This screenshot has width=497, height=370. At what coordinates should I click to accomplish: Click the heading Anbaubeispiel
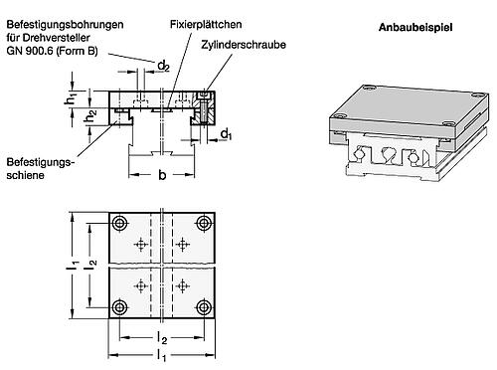tap(415, 27)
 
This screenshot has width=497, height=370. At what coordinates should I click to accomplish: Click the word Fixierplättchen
tap(206, 24)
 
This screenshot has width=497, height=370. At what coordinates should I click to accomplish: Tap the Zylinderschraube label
tap(244, 45)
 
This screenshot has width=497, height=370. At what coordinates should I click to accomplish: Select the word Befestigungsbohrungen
tap(65, 25)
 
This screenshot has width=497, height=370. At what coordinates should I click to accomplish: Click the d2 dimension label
tap(164, 67)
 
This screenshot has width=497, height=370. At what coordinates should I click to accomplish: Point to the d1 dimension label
tap(227, 134)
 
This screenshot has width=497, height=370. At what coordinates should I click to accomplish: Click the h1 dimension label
tap(70, 99)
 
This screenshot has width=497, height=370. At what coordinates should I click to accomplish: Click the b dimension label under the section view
tap(162, 174)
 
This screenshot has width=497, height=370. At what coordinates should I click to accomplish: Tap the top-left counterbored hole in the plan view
tap(120, 223)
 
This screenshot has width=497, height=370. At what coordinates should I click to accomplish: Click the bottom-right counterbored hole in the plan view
tap(204, 308)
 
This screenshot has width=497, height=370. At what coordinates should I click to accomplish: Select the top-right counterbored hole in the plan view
tap(204, 223)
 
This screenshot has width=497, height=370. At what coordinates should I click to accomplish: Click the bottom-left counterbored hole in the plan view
tap(120, 308)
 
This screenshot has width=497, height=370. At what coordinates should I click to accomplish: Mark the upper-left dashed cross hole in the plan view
tap(141, 245)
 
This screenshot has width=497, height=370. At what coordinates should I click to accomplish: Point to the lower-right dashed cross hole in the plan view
tap(183, 285)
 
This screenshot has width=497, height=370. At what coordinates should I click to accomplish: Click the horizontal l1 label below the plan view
tap(161, 356)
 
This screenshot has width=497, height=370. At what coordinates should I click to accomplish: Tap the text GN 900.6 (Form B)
tap(52, 51)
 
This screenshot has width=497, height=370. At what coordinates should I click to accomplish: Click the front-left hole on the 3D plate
tap(340, 116)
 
